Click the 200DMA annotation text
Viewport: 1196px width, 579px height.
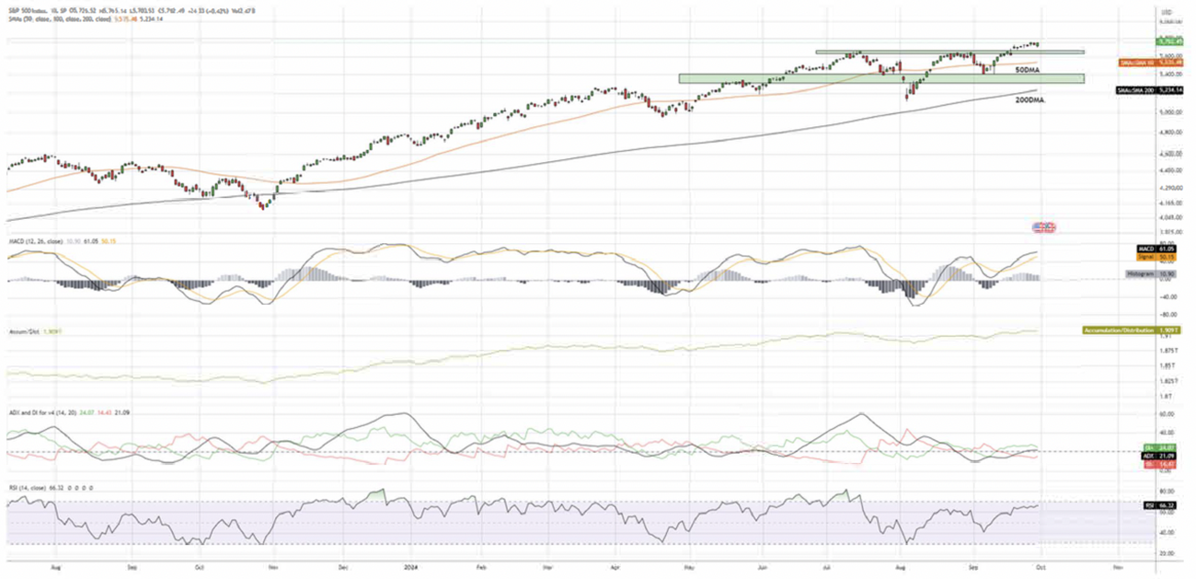(x=1029, y=98)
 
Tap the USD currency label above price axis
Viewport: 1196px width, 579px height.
(x=1168, y=10)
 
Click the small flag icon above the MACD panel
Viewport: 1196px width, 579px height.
(x=1043, y=226)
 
